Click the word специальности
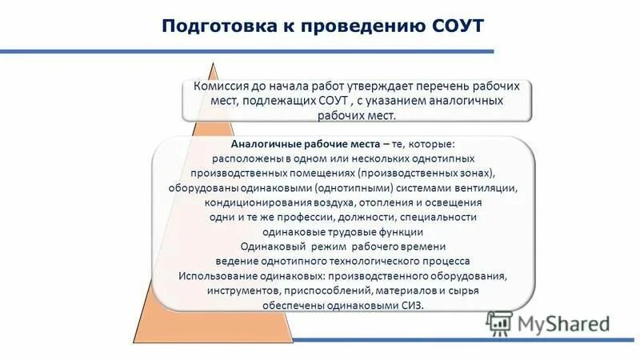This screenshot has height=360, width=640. coord(443,217)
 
